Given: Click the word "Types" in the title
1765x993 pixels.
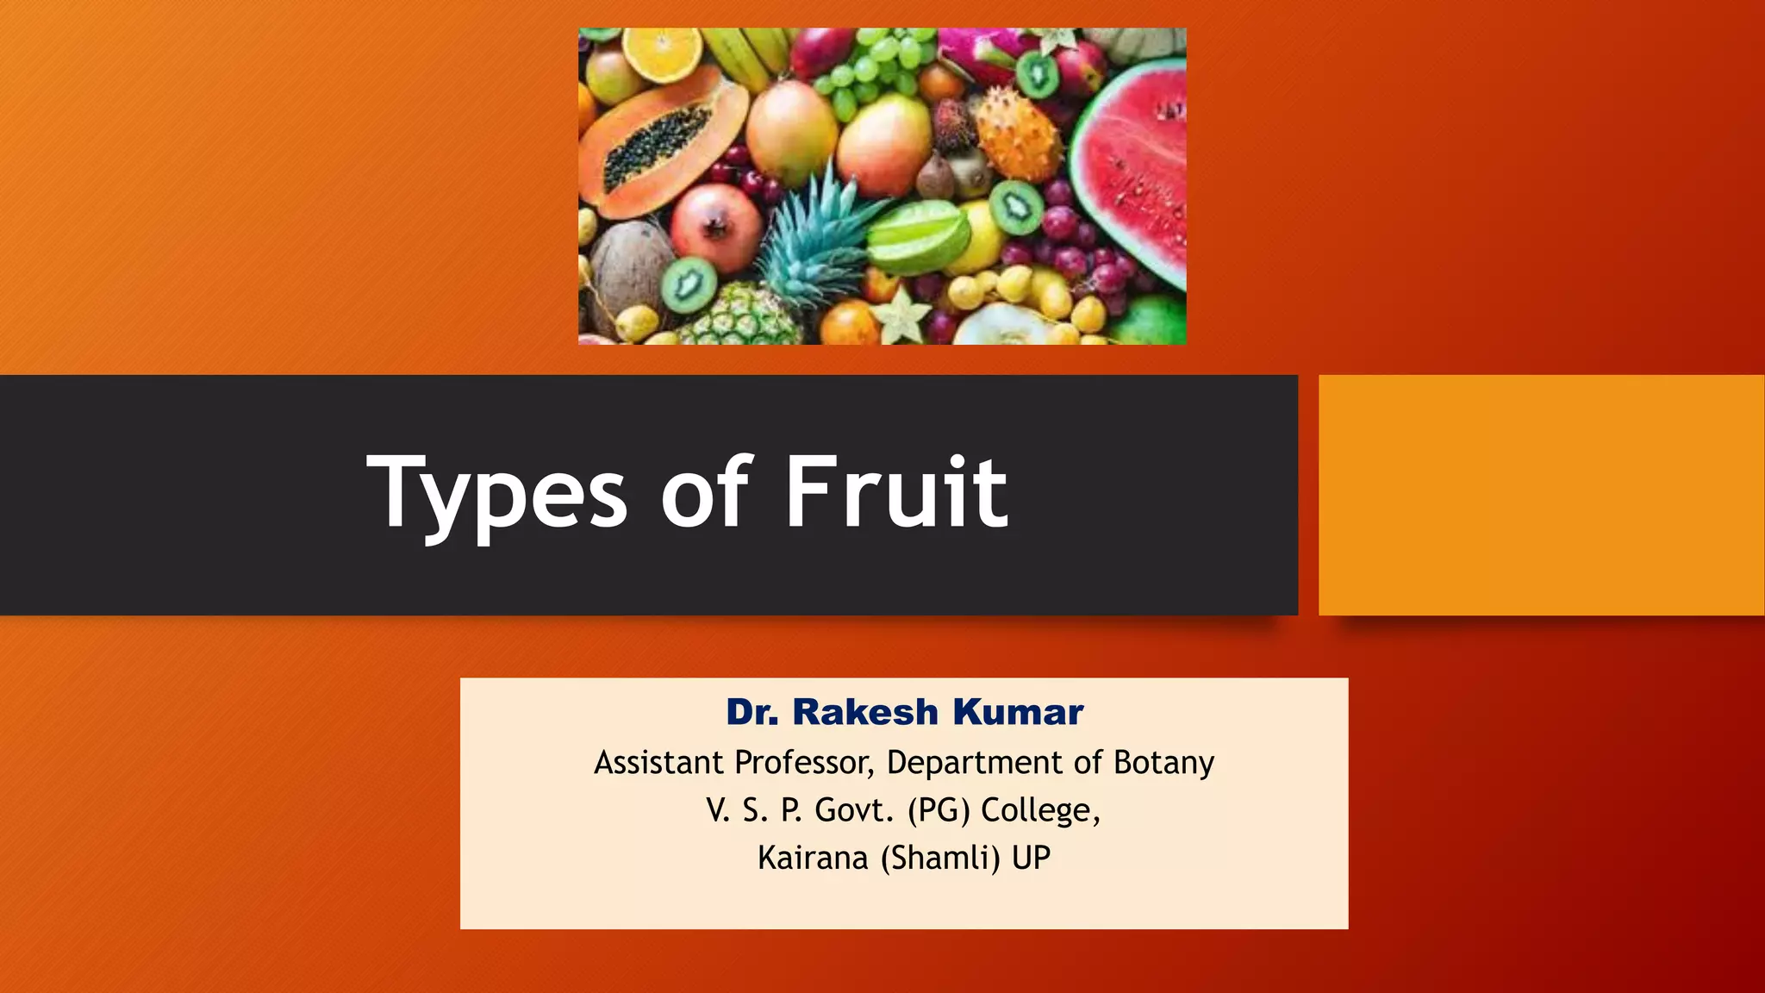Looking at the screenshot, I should (496, 495).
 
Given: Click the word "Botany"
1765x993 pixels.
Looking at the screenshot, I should (1163, 763).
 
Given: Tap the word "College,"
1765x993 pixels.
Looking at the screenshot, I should (1040, 810).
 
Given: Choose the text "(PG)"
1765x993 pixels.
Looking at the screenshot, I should (939, 810).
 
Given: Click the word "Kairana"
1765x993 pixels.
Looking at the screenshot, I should (813, 858).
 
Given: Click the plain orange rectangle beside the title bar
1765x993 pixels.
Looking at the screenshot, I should (1541, 495).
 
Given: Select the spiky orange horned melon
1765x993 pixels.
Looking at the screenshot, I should (1018, 138).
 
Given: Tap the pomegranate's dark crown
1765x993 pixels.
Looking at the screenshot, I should (714, 226).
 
